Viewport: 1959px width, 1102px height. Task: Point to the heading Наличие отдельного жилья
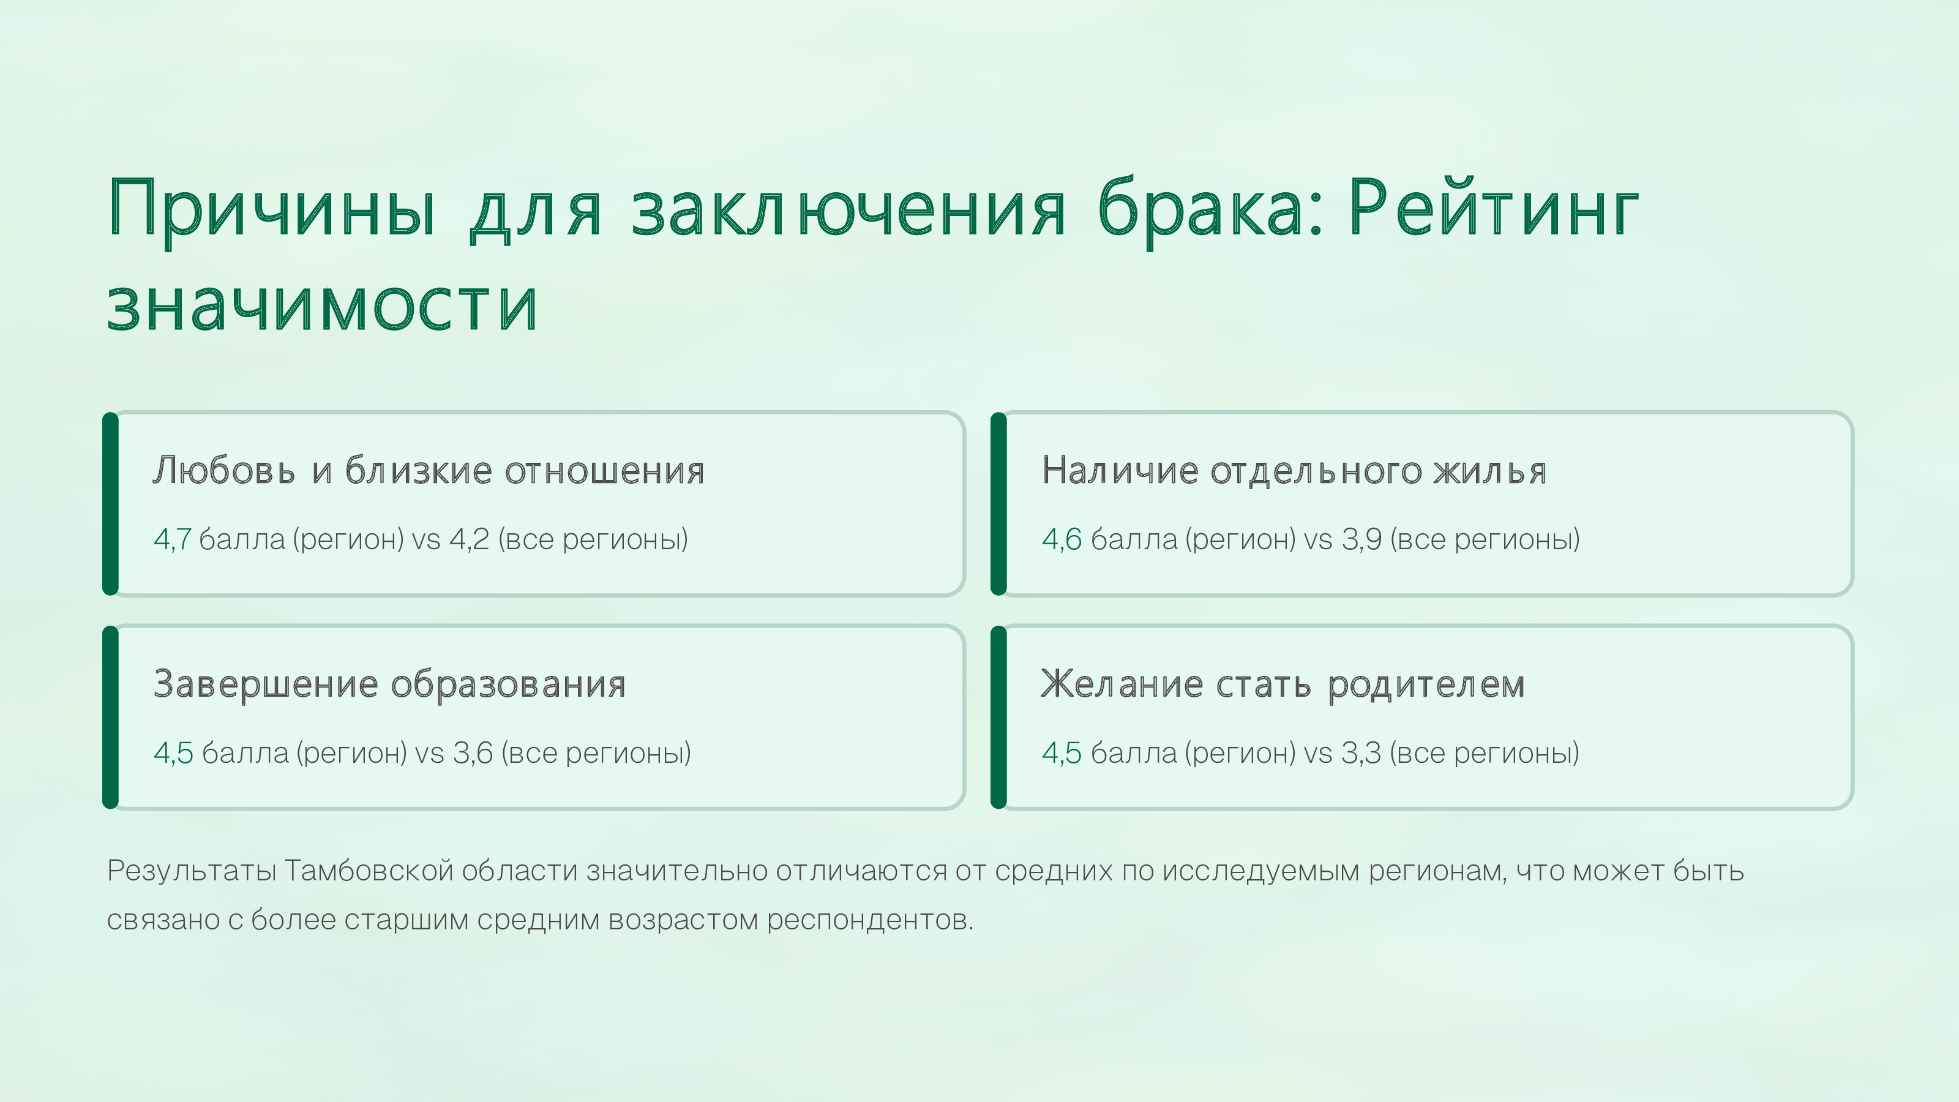pyautogui.click(x=1294, y=470)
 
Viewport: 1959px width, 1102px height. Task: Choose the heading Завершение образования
pyautogui.click(x=389, y=684)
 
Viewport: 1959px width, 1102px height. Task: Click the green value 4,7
pyautogui.click(x=172, y=540)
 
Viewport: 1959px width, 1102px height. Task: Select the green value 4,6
pyautogui.click(x=1062, y=540)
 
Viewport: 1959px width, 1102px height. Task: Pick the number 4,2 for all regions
pyautogui.click(x=469, y=540)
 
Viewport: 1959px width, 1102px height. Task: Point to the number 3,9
pyautogui.click(x=1362, y=540)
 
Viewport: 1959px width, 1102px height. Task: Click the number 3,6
pyautogui.click(x=473, y=754)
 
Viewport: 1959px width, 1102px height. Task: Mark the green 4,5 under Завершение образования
pyautogui.click(x=173, y=754)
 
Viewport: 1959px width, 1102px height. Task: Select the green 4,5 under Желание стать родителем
pyautogui.click(x=1062, y=754)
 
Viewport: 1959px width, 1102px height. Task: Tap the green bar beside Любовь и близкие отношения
pyautogui.click(x=110, y=503)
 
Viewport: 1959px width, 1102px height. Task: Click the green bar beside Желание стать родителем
pyautogui.click(x=998, y=717)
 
